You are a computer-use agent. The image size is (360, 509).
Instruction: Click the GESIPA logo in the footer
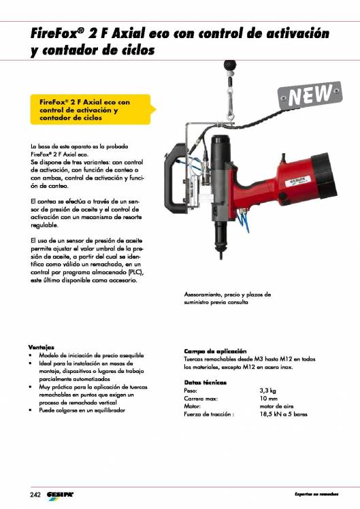pos(61,493)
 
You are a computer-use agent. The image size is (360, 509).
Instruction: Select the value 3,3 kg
pos(267,391)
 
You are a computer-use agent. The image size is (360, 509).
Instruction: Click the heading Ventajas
pos(42,347)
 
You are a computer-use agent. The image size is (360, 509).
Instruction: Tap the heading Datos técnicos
pos(205,383)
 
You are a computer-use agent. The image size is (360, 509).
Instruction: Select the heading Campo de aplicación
pos(215,350)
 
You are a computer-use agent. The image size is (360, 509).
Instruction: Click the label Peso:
pos(191,391)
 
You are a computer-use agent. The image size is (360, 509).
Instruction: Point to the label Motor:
pos(193,406)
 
